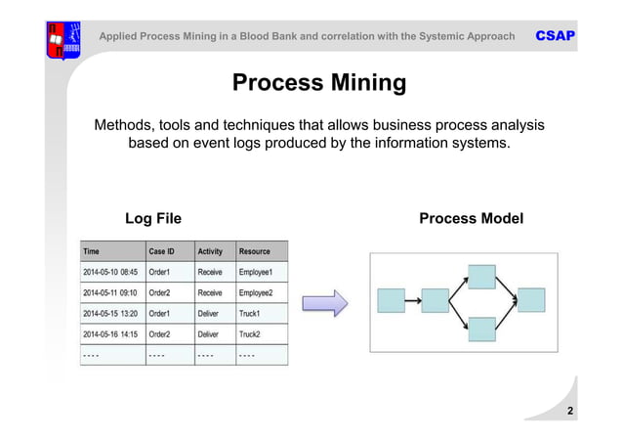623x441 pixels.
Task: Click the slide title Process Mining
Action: [318, 83]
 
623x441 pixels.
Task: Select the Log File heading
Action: [153, 218]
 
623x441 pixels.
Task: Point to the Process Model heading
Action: [471, 218]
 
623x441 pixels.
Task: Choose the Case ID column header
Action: [162, 251]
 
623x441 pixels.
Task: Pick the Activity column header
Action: [212, 251]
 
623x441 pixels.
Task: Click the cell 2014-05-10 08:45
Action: [109, 272]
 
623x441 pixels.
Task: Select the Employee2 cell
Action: [257, 292]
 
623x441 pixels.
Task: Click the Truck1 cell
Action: [251, 314]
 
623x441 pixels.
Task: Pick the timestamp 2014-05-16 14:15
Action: [109, 334]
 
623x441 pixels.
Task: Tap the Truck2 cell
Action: [251, 334]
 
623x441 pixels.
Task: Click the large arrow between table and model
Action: [324, 302]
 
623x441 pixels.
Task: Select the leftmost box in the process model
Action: [391, 300]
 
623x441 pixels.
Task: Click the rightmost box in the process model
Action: [530, 300]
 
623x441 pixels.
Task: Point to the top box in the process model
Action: [481, 277]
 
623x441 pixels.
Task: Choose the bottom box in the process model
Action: [481, 329]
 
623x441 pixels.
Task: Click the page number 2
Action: [569, 412]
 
